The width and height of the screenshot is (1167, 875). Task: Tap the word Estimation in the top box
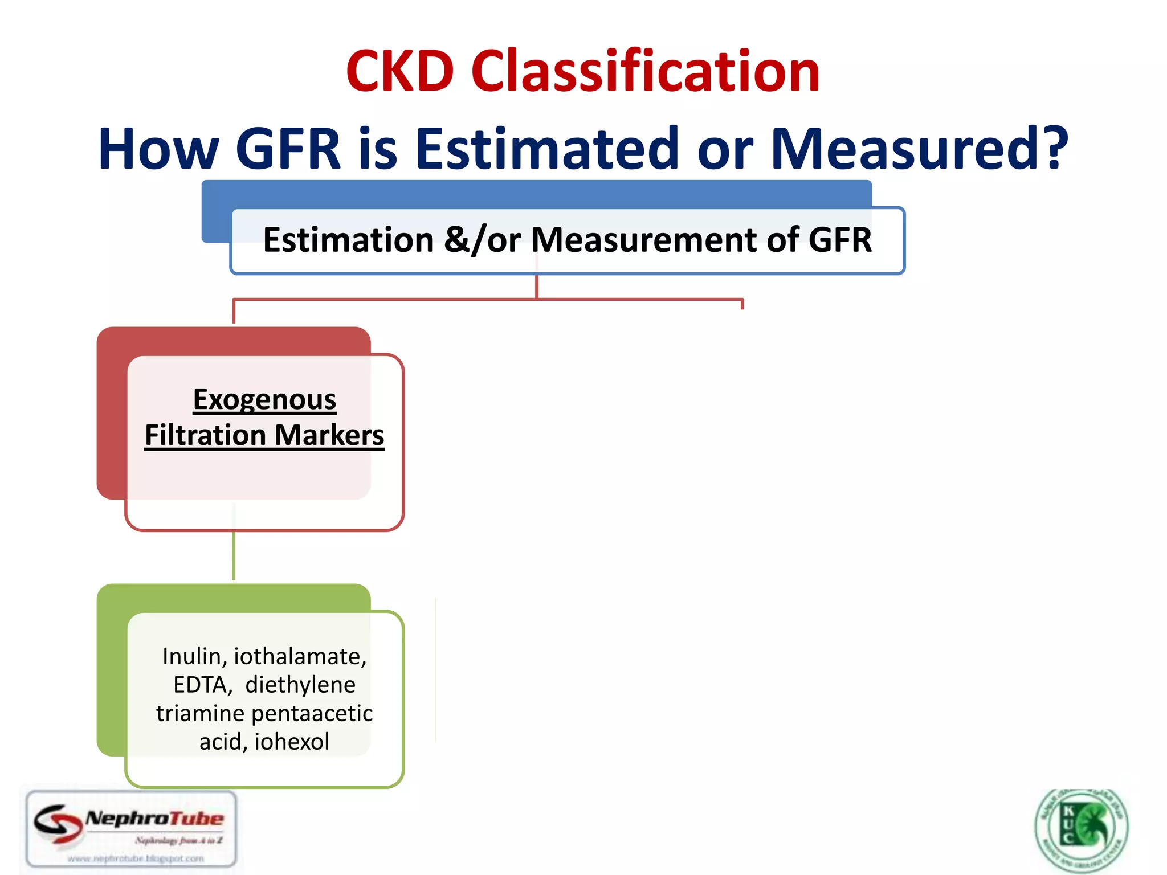(x=348, y=240)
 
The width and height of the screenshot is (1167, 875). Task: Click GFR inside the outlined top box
(x=839, y=240)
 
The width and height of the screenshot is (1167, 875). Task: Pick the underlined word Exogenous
(x=264, y=399)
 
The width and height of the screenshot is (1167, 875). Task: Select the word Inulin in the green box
(x=191, y=656)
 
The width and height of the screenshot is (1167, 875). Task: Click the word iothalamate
(x=300, y=656)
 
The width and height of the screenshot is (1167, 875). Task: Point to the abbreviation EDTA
(x=201, y=685)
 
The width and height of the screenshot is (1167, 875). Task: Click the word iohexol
(x=292, y=742)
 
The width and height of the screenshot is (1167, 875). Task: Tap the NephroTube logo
(x=132, y=829)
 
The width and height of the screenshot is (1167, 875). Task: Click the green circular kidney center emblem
(x=1081, y=829)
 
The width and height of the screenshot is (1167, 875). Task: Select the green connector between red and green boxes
(x=234, y=555)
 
